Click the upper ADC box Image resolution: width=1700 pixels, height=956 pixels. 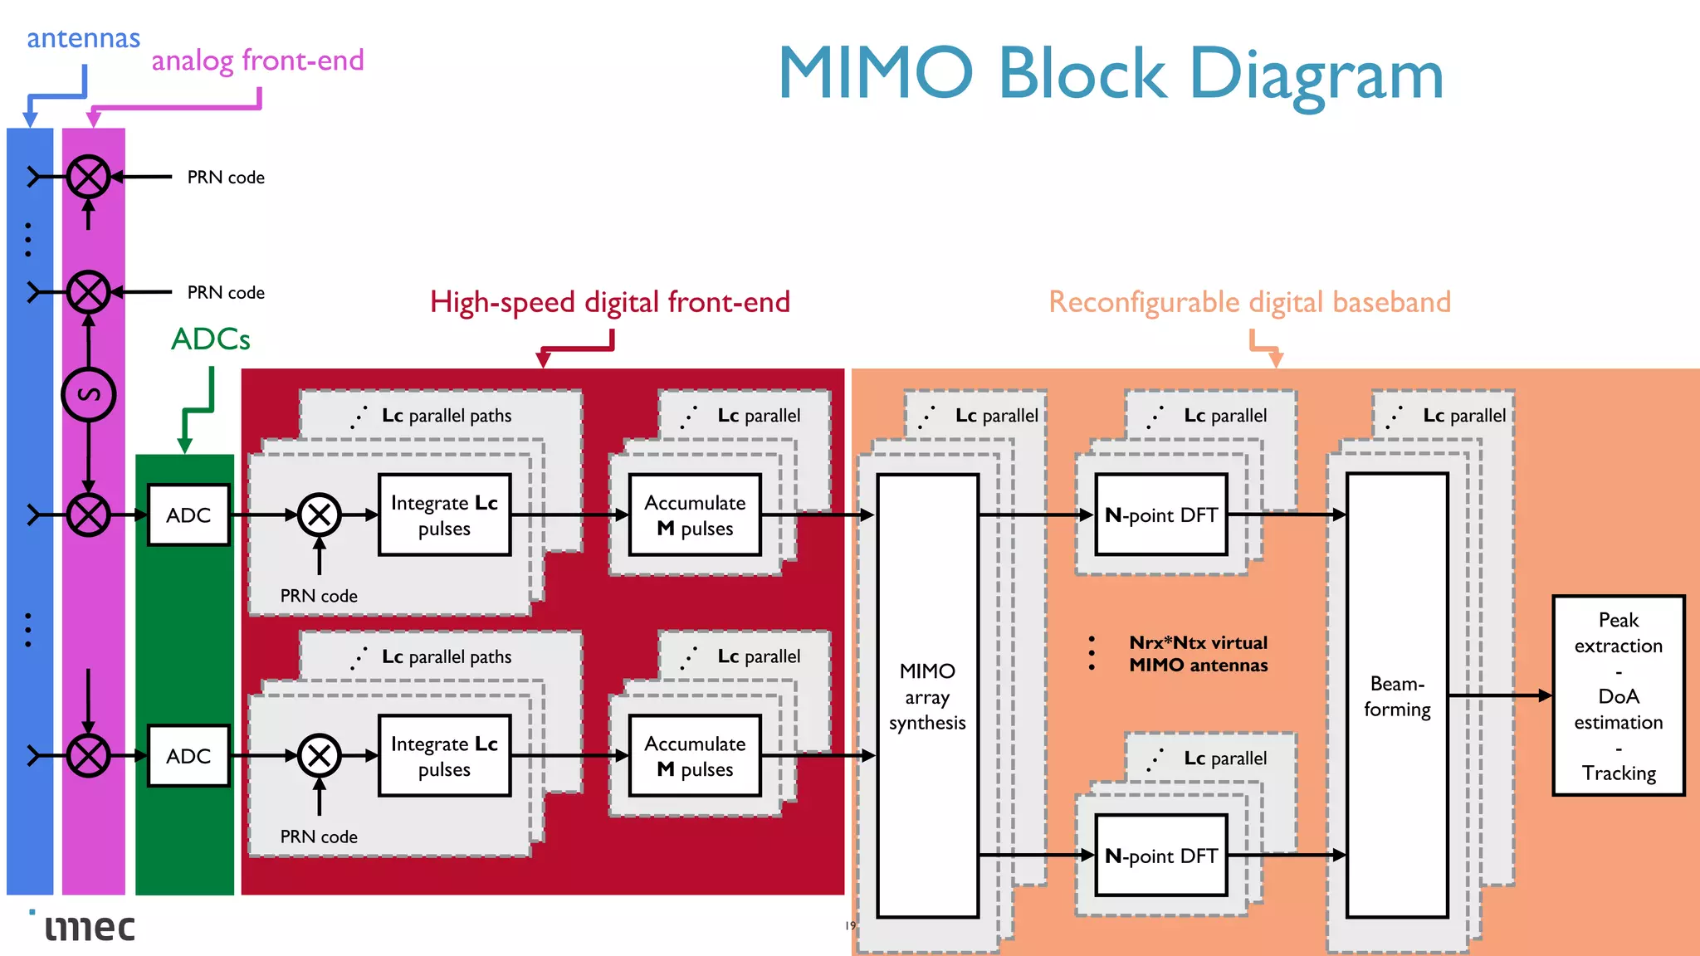coord(188,515)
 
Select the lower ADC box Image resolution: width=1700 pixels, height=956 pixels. coord(188,755)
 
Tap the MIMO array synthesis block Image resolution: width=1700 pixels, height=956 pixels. coord(927,695)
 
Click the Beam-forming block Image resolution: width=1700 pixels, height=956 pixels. coord(1397,695)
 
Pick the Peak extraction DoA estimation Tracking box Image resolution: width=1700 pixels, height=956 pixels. coord(1618,695)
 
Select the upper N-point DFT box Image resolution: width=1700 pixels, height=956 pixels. coord(1160,515)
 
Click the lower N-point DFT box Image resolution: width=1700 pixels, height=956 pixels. coord(1160,856)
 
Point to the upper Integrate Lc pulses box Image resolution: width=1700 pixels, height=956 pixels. coord(444,515)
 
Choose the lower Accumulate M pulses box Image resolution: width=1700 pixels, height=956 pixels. coord(695,755)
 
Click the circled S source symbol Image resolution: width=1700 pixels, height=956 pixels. coord(89,394)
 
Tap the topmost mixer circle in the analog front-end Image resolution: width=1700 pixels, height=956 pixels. coord(89,177)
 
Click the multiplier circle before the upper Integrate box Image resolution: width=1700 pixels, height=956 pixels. coord(320,515)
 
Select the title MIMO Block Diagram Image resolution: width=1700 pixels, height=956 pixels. coord(1110,75)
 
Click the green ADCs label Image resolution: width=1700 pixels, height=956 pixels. coord(210,339)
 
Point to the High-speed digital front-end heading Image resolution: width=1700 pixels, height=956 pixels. coord(610,302)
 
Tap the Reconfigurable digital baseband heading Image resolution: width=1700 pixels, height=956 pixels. coord(1249,302)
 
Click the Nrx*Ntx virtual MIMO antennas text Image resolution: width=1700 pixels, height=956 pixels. coord(1198,653)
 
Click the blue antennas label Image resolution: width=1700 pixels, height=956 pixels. coord(83,38)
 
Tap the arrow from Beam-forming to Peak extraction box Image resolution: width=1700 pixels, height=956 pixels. coord(1501,695)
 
